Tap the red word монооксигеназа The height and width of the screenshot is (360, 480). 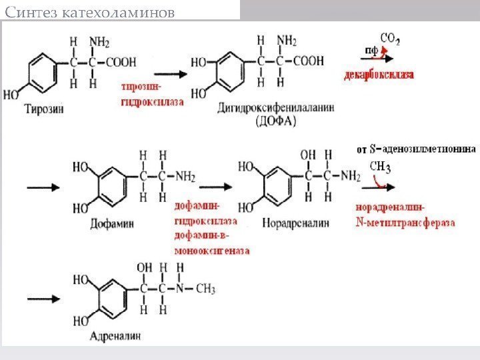(212, 251)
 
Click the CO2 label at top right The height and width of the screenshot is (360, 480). (390, 39)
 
